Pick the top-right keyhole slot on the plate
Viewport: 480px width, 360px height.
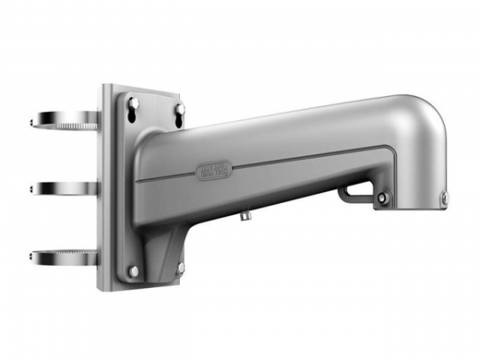coord(180,107)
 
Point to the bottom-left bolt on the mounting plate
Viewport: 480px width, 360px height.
coord(133,271)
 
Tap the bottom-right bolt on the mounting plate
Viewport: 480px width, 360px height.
coord(181,266)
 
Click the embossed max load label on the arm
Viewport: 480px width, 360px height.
coord(213,170)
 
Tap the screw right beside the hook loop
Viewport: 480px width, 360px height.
coord(382,198)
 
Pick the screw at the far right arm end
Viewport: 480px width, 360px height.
coord(445,197)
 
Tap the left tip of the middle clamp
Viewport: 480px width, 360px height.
coord(31,190)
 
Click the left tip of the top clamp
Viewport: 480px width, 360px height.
coord(32,122)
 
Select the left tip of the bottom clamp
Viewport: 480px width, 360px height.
coord(32,257)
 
